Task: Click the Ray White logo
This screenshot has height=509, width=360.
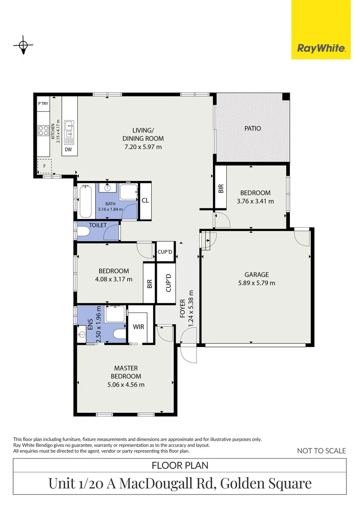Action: [x=321, y=48]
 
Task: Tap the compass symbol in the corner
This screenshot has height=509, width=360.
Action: [x=23, y=46]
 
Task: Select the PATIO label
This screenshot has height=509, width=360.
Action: [x=252, y=128]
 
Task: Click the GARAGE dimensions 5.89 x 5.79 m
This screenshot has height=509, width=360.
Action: [x=256, y=283]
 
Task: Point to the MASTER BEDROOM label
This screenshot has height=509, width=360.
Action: [x=126, y=372]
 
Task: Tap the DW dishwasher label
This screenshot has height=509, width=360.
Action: [x=69, y=150]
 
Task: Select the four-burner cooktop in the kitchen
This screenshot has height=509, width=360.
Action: [x=44, y=130]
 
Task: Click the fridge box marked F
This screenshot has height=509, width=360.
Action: [x=45, y=166]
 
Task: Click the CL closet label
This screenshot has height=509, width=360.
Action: [x=145, y=200]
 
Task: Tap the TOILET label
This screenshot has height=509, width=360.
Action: [x=98, y=225]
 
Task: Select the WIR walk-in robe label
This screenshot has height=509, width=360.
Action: [x=138, y=326]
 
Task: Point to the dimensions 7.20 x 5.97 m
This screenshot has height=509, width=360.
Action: [x=143, y=147]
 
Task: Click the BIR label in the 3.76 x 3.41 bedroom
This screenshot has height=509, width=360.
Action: [x=221, y=188]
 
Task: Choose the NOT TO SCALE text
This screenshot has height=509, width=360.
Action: [x=321, y=451]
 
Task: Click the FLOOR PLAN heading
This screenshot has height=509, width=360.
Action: [x=180, y=466]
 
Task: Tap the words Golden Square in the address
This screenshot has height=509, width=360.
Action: [x=266, y=483]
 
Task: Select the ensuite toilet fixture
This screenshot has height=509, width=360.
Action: [x=120, y=334]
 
